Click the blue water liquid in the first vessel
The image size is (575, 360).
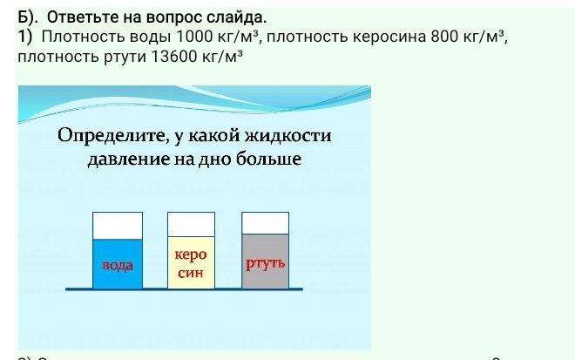point(118,263)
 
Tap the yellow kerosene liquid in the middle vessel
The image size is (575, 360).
point(191,262)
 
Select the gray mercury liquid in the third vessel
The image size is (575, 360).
point(265,261)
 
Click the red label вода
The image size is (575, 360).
point(118,265)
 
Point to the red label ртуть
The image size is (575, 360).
point(265,263)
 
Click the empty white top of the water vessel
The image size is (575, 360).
point(118,226)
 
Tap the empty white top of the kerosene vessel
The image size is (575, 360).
point(191,224)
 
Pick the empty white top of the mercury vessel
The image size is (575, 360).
point(265,223)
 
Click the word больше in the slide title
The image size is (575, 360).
point(268,159)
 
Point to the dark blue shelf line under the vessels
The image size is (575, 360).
point(184,289)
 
